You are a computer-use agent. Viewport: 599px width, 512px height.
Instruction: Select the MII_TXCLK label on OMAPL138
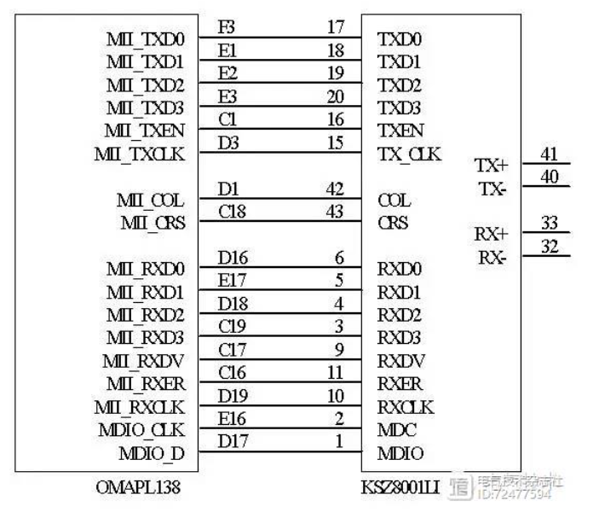point(147,154)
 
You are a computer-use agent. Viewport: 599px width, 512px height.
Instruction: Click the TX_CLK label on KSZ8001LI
point(409,154)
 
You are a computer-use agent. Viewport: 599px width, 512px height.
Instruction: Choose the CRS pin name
point(393,224)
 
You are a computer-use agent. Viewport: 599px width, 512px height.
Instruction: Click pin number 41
point(550,154)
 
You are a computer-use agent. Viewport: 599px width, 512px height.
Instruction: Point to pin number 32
point(550,247)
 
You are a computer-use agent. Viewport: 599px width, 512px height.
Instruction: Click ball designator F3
point(227,27)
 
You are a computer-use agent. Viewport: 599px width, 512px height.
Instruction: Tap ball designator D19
point(233,395)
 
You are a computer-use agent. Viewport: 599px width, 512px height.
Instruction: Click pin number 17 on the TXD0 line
point(336,27)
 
